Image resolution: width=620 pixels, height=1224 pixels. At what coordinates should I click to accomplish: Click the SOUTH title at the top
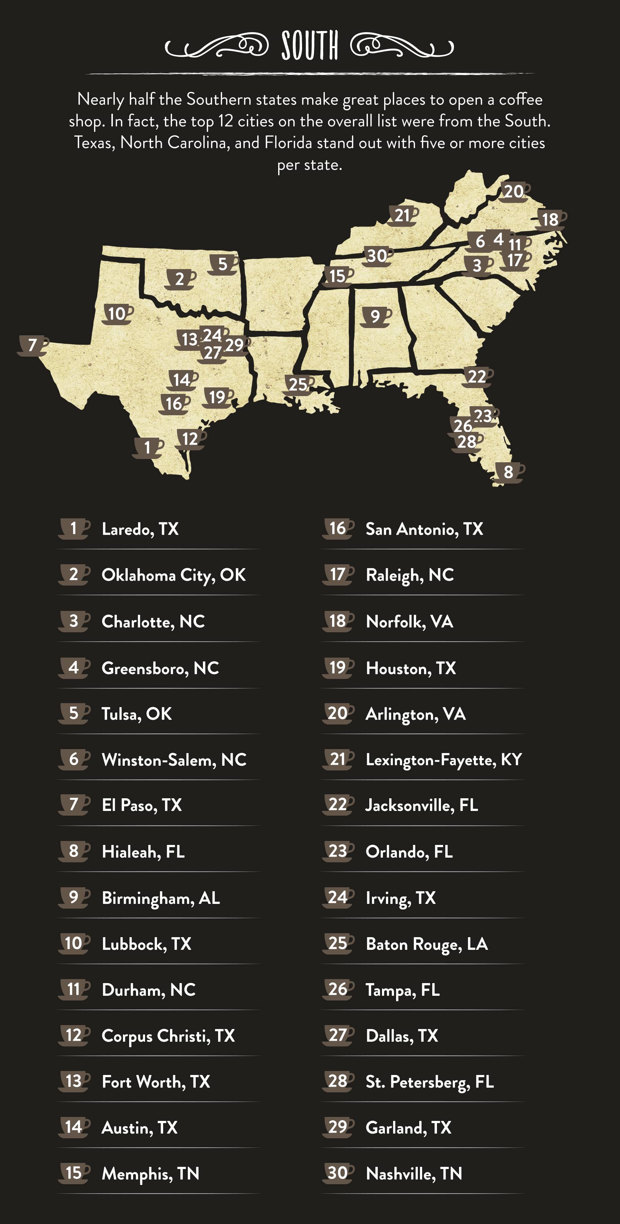click(310, 46)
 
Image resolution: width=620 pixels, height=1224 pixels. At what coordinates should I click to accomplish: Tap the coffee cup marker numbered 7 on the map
click(32, 345)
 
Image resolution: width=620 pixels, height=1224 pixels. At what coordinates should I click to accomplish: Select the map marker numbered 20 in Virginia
click(514, 191)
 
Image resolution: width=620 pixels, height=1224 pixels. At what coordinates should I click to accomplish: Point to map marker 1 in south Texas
click(147, 447)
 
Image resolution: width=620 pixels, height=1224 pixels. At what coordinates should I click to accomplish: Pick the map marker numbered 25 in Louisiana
click(298, 384)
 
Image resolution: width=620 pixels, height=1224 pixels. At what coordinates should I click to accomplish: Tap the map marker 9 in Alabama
click(375, 316)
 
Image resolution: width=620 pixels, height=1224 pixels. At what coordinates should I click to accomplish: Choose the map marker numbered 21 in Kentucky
click(402, 215)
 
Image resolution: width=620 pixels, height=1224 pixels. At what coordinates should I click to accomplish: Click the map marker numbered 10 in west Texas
click(117, 314)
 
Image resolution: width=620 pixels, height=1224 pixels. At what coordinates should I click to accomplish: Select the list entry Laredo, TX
click(140, 529)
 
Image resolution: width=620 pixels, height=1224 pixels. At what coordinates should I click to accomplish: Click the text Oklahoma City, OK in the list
click(173, 575)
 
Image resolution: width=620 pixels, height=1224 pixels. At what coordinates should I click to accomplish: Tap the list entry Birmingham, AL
click(161, 898)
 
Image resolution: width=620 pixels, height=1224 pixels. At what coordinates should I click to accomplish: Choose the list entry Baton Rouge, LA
click(426, 944)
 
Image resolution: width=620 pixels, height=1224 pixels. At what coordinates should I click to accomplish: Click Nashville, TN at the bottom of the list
click(414, 1174)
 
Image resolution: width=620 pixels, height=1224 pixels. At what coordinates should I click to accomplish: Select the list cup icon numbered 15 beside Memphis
click(74, 1173)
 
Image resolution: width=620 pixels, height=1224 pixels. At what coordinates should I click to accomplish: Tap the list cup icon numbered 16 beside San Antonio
click(337, 528)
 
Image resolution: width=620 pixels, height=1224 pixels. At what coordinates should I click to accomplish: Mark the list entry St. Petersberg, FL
click(429, 1081)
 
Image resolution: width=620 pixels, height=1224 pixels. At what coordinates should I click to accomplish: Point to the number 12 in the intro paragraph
click(226, 121)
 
